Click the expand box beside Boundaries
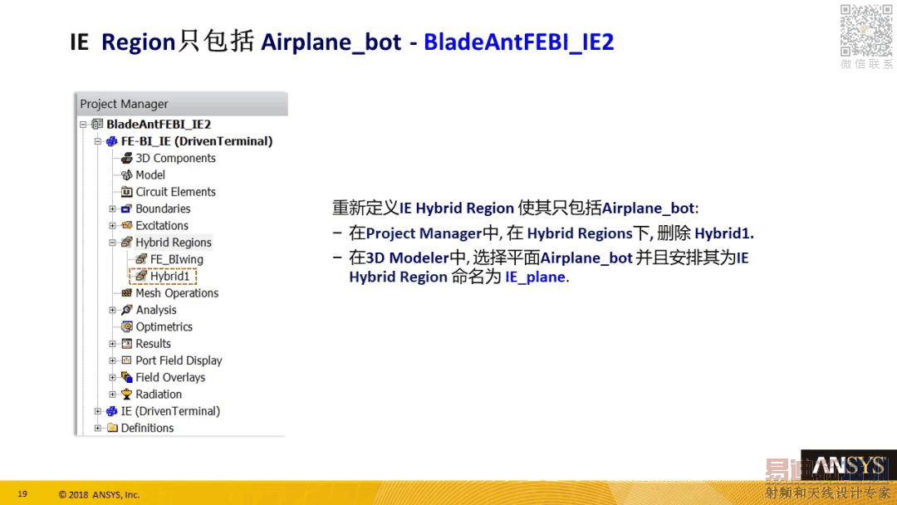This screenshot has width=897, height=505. click(113, 208)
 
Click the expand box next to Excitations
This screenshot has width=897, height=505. click(113, 225)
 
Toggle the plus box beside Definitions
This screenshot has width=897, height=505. click(98, 428)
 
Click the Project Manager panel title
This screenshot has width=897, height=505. click(124, 104)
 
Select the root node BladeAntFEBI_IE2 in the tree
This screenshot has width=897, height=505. click(159, 124)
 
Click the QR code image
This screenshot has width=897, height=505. click(866, 31)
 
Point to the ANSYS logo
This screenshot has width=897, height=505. click(848, 466)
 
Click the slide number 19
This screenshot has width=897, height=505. click(22, 493)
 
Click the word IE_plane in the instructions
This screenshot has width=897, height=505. click(535, 277)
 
